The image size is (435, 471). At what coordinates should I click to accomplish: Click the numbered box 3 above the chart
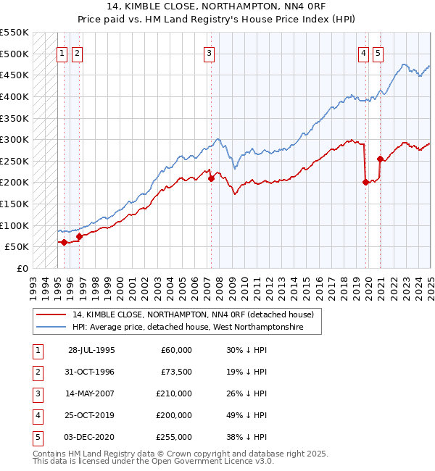(209, 52)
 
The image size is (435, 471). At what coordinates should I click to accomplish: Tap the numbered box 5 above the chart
(378, 52)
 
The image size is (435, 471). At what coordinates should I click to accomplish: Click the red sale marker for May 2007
(211, 178)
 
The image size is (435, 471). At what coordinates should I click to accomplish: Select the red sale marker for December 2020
(380, 159)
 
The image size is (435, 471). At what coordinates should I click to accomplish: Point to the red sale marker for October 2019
(365, 183)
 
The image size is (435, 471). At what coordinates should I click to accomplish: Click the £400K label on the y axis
(14, 96)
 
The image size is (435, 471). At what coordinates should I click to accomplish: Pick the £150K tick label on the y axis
(14, 204)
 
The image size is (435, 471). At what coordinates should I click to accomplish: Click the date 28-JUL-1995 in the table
(91, 350)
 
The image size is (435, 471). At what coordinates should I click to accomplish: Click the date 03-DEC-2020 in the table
(91, 437)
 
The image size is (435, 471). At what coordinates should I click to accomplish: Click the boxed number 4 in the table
(37, 415)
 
